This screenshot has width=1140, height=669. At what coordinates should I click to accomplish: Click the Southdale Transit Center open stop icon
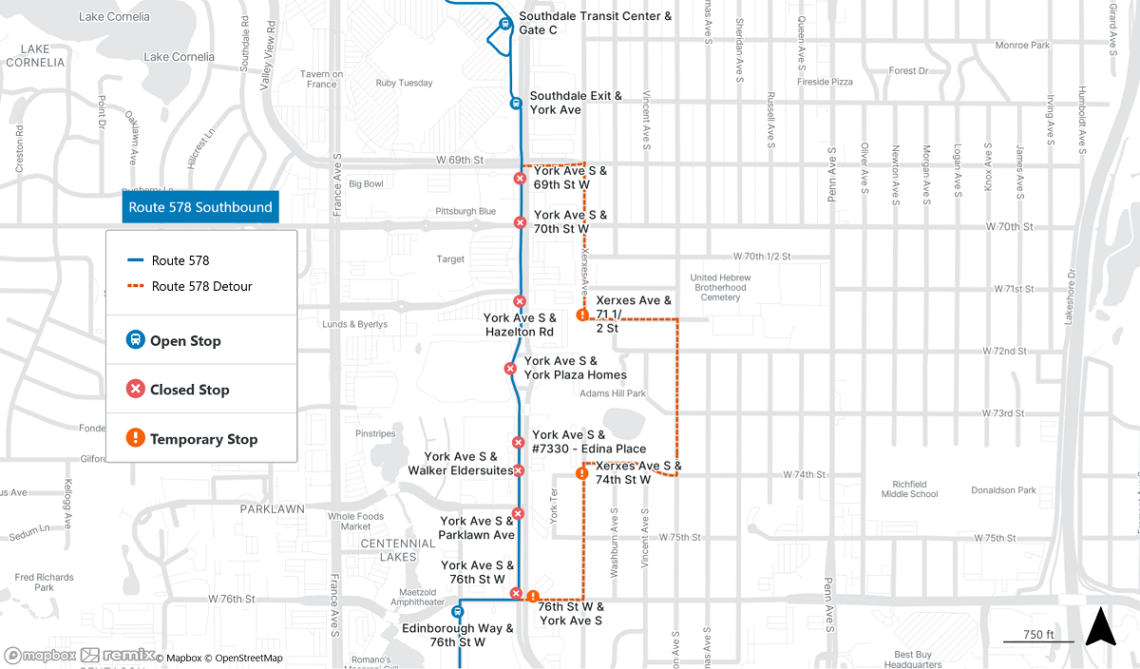tap(505, 25)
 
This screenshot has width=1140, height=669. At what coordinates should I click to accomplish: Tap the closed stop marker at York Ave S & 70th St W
tap(520, 222)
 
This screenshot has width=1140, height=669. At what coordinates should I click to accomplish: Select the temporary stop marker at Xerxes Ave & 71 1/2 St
tap(582, 315)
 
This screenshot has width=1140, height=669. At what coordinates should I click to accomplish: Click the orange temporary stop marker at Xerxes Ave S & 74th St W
tap(582, 472)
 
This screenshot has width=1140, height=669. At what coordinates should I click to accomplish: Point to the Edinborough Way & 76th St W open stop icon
tap(458, 613)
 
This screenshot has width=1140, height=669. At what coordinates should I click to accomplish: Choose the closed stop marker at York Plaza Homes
tap(510, 369)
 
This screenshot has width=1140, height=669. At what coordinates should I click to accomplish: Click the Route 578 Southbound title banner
tap(200, 207)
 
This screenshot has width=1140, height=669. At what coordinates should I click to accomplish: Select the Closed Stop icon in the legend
tap(136, 389)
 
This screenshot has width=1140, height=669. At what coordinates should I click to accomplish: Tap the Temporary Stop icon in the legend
tap(136, 438)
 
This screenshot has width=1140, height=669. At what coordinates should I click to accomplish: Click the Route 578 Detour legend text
tap(201, 286)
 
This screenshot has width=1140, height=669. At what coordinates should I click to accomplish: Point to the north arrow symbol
tap(1099, 627)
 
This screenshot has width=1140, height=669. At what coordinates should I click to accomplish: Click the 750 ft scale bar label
tap(1039, 634)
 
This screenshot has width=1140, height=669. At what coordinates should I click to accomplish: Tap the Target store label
tap(451, 259)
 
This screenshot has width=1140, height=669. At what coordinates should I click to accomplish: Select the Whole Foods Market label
tap(356, 521)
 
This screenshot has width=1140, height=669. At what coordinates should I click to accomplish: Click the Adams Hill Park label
tap(612, 393)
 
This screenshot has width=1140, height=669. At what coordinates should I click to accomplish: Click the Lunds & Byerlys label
tap(355, 324)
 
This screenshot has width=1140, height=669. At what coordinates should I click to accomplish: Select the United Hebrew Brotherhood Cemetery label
tap(720, 287)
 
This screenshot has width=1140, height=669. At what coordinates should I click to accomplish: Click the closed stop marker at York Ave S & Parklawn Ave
tap(519, 513)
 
